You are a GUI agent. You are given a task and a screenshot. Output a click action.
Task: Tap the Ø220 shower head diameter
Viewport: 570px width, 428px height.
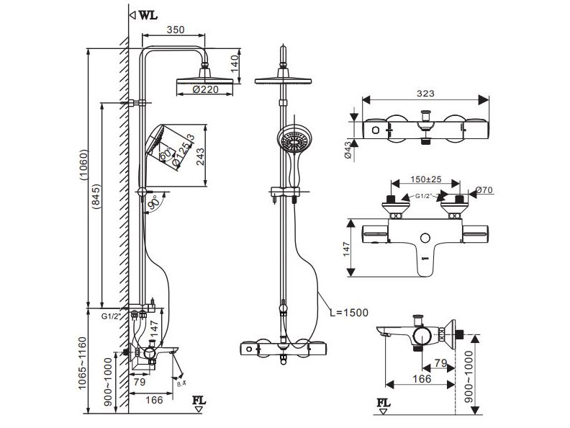[x=204, y=90]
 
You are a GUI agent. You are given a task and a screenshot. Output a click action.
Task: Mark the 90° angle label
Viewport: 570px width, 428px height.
[x=153, y=205]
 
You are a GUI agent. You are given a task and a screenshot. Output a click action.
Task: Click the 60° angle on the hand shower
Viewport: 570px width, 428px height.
[x=163, y=152]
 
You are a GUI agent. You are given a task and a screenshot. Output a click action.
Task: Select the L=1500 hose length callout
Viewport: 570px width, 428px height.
[x=349, y=312]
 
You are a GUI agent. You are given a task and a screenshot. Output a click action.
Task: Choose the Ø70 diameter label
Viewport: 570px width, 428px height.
[x=483, y=190]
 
